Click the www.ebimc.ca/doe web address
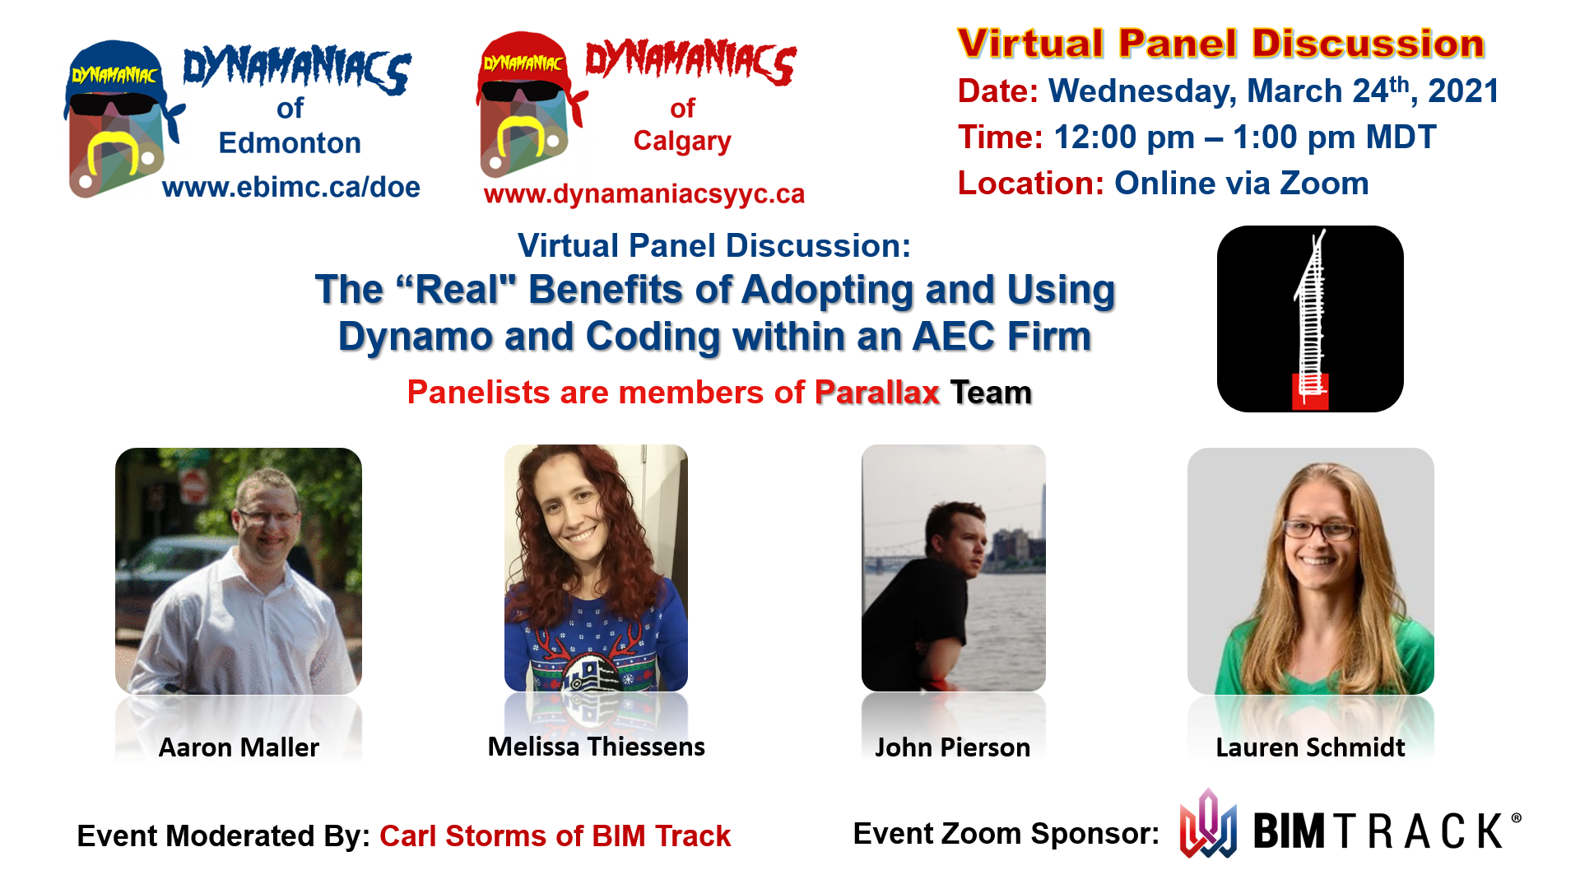[x=291, y=188]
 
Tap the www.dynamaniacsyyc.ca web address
[x=644, y=194]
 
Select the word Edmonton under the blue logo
[x=290, y=143]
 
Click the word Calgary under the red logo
[x=682, y=141]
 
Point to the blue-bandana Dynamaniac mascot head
[x=119, y=119]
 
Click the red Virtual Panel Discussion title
[x=1221, y=44]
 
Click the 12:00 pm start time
[x=1124, y=137]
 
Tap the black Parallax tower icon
[x=1310, y=319]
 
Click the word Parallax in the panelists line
[x=877, y=393]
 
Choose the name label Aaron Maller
[x=239, y=747]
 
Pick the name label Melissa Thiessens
[x=596, y=747]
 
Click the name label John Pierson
[x=952, y=747]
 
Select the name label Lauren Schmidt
[x=1310, y=747]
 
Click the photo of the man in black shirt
[x=953, y=568]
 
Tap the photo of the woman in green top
[x=1310, y=571]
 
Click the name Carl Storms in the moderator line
[x=463, y=836]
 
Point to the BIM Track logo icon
[x=1208, y=825]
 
